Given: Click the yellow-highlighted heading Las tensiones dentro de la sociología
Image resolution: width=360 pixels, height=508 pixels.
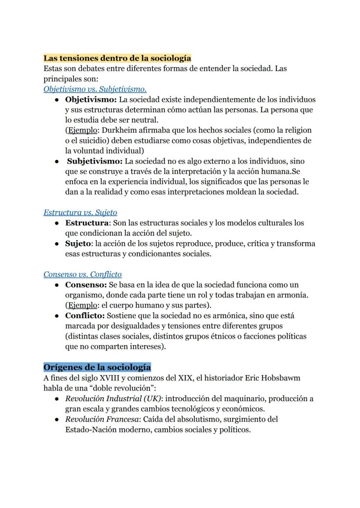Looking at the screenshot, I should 117,58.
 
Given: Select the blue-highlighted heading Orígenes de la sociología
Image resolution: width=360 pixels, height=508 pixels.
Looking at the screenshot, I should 97,367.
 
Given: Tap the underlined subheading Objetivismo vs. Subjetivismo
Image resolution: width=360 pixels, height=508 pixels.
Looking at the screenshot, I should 95,89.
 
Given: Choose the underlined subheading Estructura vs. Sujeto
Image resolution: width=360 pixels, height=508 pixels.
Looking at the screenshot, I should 80,212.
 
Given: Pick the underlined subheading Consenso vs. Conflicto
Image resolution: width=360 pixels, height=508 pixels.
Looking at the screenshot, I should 83,274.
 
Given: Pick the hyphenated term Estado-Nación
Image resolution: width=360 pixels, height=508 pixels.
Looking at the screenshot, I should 90,429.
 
